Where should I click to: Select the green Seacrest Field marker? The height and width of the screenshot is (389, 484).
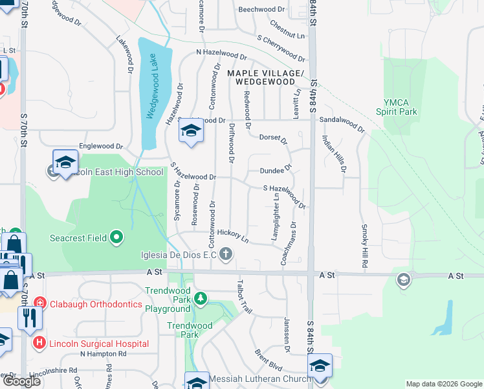click(x=116, y=238)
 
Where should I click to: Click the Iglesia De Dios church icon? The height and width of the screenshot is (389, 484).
click(x=226, y=253)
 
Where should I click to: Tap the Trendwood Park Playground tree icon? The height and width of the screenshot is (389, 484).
click(x=201, y=298)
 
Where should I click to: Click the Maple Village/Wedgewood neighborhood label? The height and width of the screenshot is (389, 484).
click(x=265, y=78)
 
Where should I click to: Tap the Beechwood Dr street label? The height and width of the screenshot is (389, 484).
click(x=261, y=10)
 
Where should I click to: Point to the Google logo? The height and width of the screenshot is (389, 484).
click(x=21, y=381)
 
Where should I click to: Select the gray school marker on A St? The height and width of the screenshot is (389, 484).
click(x=403, y=279)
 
